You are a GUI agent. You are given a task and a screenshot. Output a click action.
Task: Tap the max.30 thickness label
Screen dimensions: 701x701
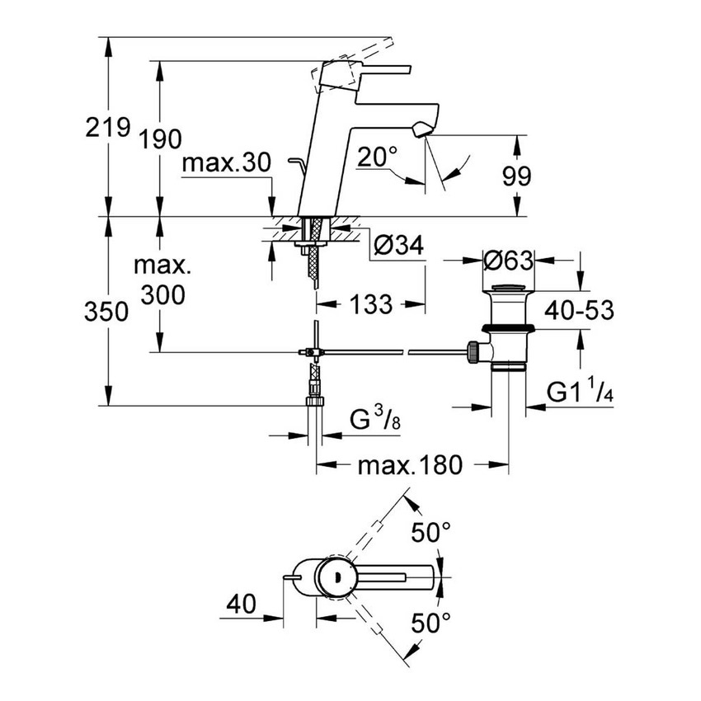(226, 163)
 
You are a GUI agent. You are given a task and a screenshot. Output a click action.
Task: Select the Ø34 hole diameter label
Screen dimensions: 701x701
(399, 245)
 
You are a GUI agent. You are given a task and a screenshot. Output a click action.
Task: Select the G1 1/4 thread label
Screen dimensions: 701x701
(581, 393)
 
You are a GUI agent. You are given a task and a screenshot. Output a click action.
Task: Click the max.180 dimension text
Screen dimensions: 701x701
(409, 466)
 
